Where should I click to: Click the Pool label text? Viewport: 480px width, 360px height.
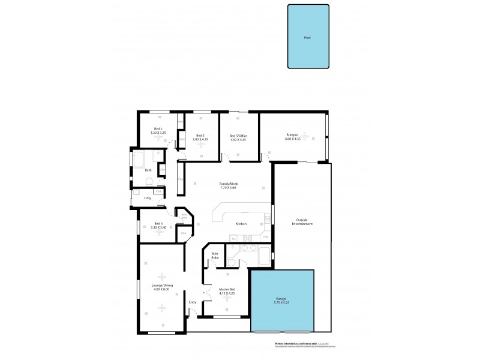[x=307, y=37]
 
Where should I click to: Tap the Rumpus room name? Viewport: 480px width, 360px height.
[x=292, y=135]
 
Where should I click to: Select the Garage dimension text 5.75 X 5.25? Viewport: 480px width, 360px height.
[x=281, y=302]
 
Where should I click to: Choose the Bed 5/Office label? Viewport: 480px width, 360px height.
[x=238, y=136]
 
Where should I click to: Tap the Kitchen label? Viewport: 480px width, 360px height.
[x=241, y=224]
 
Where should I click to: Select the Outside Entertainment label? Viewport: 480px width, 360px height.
[x=302, y=222]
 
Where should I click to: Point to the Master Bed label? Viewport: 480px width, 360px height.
[x=226, y=289]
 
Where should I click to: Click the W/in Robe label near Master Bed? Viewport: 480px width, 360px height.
[x=214, y=256]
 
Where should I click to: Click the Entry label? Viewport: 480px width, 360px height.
[x=193, y=302]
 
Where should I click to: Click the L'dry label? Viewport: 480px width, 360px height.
[x=147, y=198]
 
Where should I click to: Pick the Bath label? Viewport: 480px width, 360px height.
[x=148, y=170]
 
